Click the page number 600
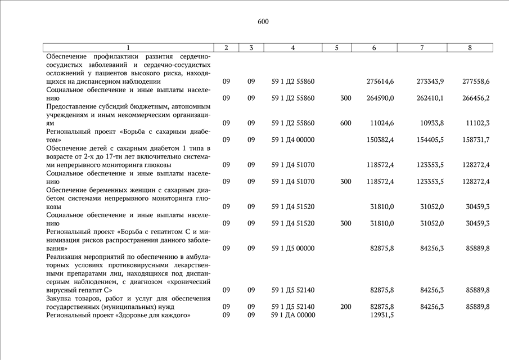263,21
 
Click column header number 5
336,48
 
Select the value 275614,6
380,82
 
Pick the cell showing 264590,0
380,98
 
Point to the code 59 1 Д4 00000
293,139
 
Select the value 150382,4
380,139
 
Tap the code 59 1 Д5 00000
293,248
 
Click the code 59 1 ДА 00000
293,315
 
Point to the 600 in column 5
346,123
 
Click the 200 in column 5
346,307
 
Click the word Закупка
61,298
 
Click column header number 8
470,48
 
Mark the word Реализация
66,256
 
